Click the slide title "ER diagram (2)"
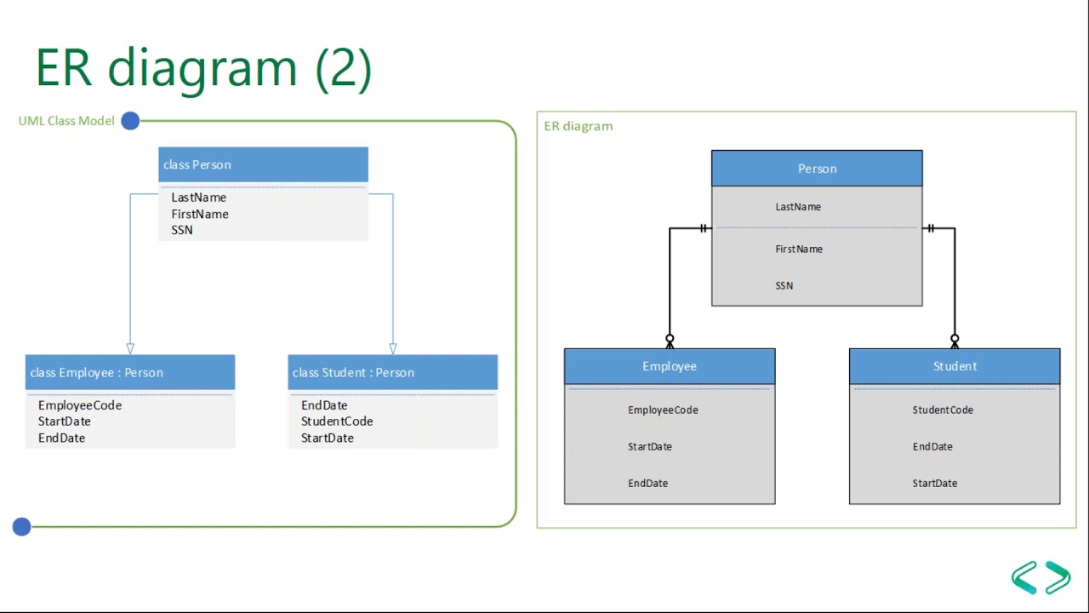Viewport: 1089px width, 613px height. pos(204,68)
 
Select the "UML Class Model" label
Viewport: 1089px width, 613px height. pos(66,121)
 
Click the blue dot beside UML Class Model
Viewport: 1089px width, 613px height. pos(130,121)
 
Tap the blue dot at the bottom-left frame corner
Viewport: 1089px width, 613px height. pos(22,527)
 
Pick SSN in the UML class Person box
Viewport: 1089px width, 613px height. pos(182,230)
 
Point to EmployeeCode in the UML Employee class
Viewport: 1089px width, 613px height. pos(80,405)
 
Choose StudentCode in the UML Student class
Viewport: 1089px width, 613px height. pos(337,421)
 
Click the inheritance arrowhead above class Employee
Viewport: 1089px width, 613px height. pos(130,348)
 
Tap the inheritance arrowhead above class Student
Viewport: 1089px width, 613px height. pos(392,348)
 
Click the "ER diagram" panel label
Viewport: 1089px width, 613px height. pos(579,126)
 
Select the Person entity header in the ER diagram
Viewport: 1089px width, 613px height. pos(817,169)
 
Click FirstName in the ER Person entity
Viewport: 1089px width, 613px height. pos(799,249)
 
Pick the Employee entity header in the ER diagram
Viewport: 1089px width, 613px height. pos(670,366)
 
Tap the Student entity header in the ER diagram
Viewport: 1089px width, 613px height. pos(955,366)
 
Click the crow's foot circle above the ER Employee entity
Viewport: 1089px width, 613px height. pos(670,339)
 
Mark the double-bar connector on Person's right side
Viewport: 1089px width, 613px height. pos(931,228)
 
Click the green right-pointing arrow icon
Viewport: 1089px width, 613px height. pos(1058,577)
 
